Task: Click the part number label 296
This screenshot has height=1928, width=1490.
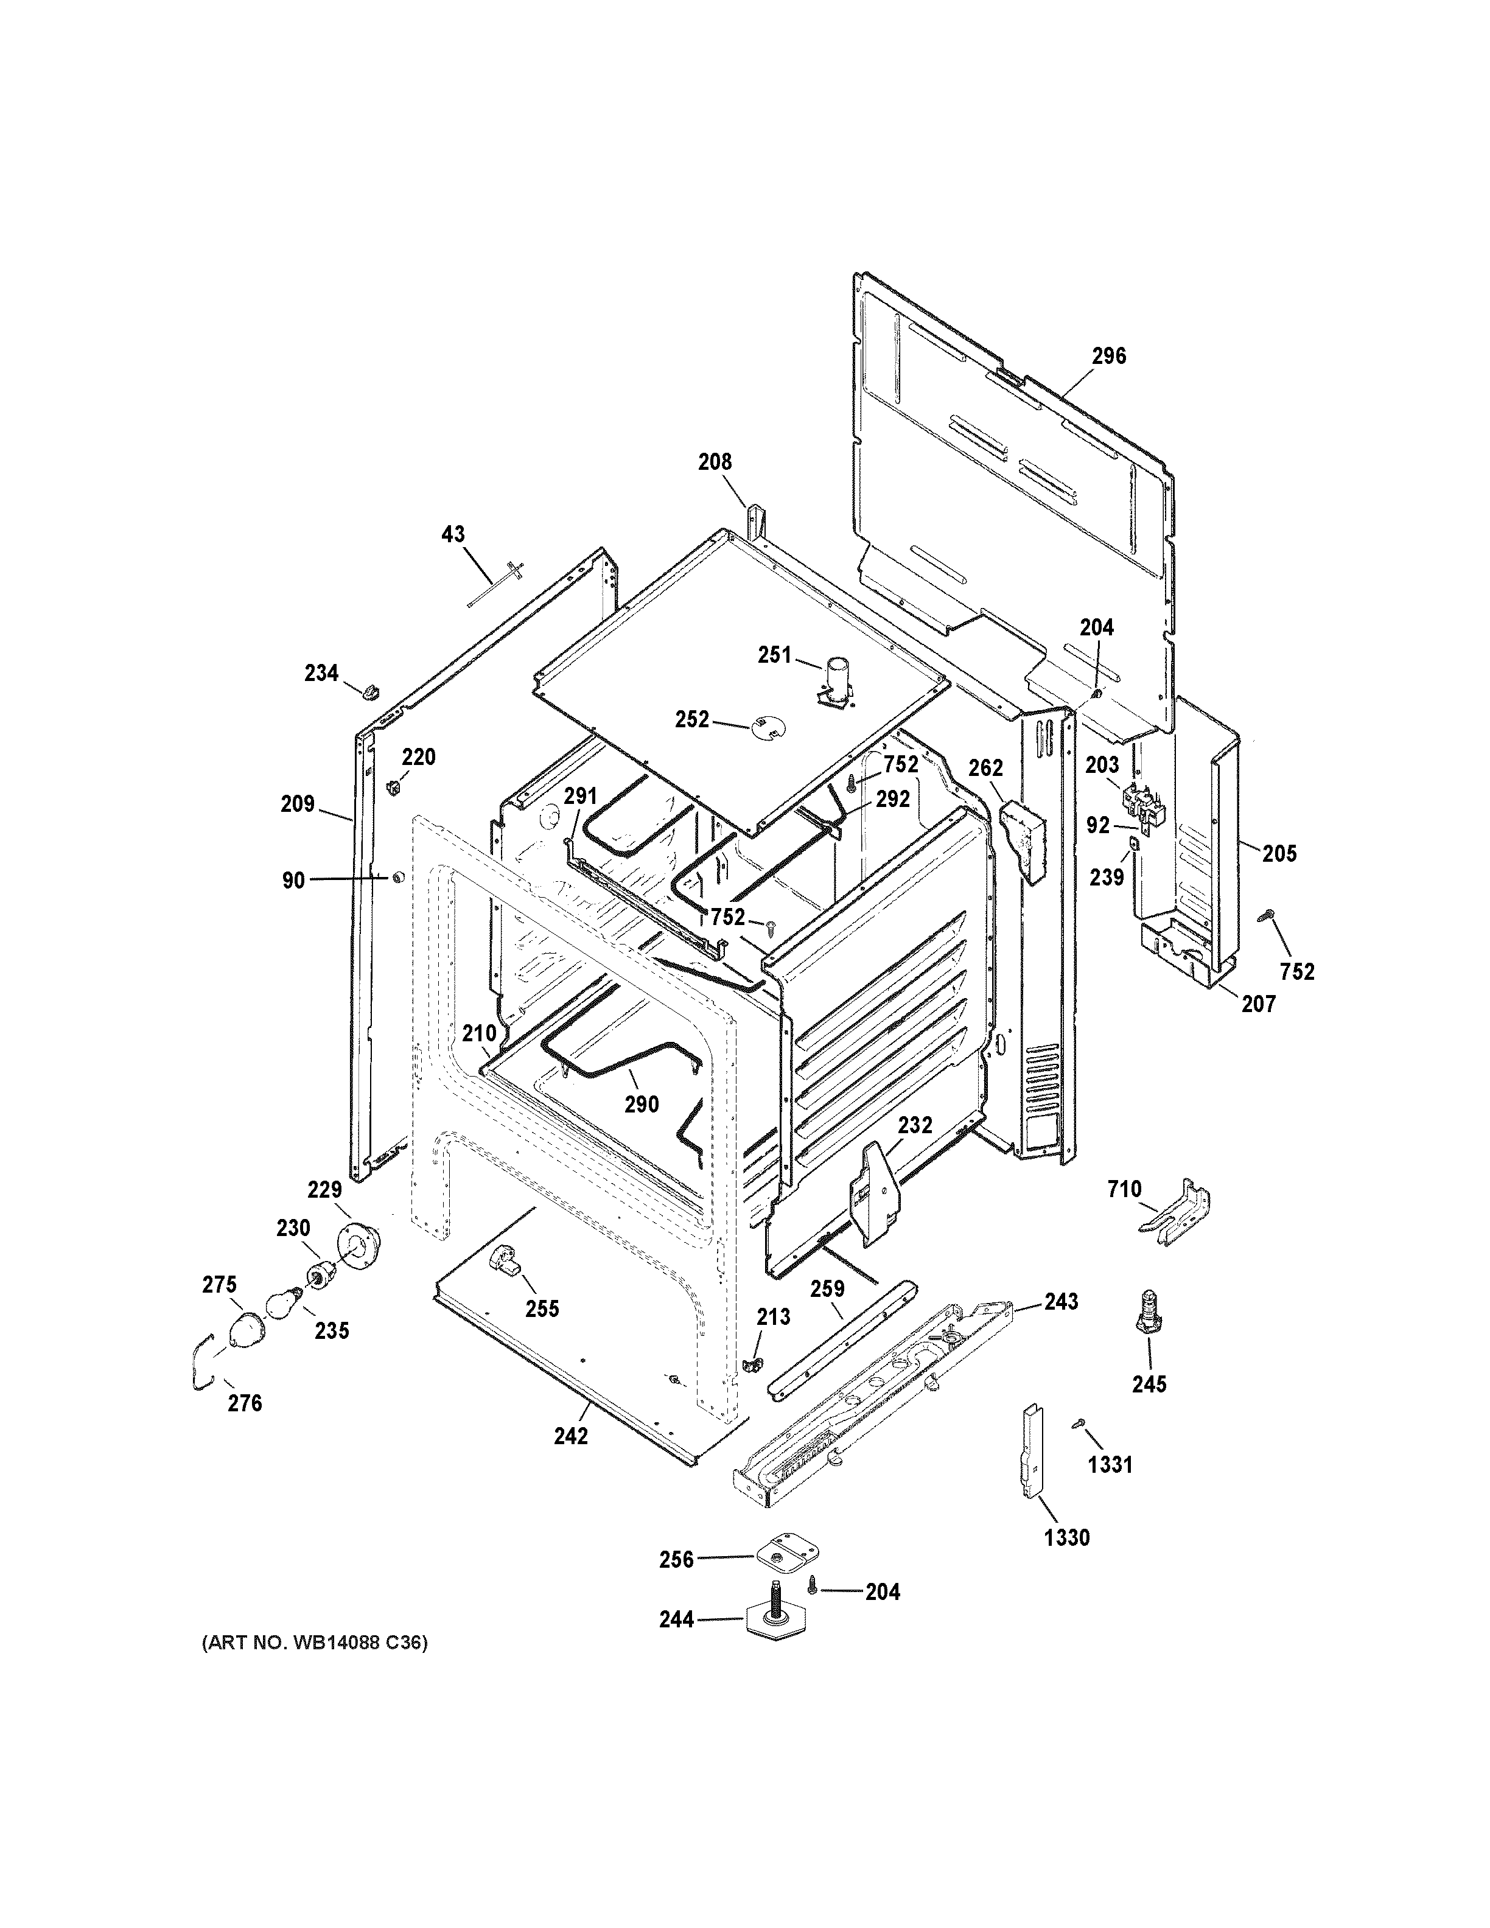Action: click(1108, 356)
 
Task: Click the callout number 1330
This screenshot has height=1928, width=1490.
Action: click(1066, 1538)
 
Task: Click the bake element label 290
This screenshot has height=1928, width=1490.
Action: click(641, 1105)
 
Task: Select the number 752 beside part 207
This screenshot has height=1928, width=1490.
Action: click(1296, 971)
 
